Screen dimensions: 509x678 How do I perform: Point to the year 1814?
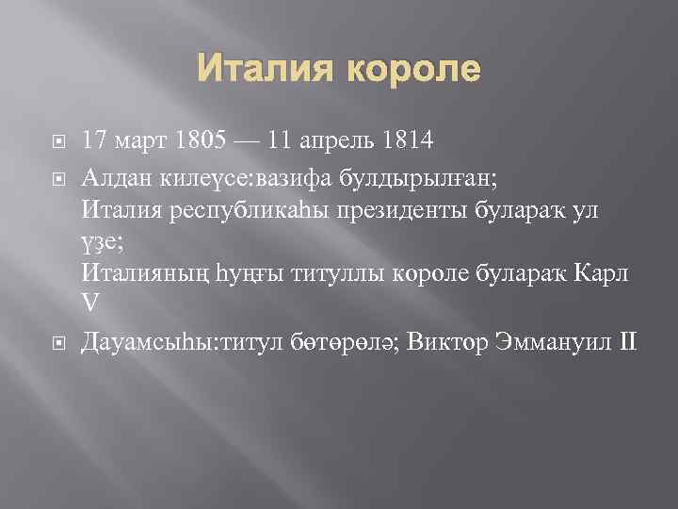pyautogui.click(x=406, y=141)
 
